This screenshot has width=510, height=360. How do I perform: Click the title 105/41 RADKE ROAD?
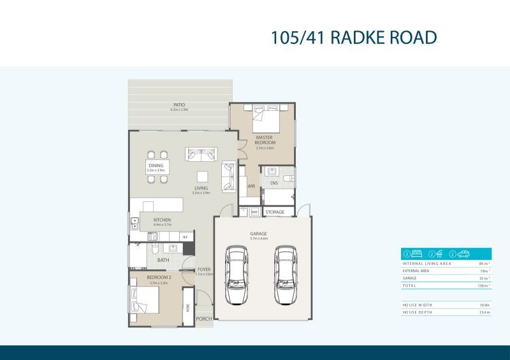point(354,38)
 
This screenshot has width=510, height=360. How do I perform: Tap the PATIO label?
point(179,105)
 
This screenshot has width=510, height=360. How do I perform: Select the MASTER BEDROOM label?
point(265,140)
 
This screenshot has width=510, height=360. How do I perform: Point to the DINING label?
point(156,166)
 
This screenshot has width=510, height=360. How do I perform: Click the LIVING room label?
point(201,188)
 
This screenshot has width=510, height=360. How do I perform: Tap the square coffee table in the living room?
point(202,176)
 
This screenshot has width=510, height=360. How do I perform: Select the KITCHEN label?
point(161,220)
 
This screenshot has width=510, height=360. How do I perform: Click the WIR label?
point(251,187)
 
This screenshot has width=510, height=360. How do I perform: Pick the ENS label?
point(273,183)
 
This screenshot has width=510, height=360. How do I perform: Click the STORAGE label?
point(275,212)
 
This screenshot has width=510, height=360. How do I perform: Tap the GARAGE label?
point(258,233)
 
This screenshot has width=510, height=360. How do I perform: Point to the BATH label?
point(163,260)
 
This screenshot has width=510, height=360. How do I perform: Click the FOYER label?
point(204,270)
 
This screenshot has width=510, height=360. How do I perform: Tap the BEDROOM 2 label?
point(157,278)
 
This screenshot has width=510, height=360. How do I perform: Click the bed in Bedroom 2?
point(146,299)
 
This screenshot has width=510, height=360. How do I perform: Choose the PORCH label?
point(203,319)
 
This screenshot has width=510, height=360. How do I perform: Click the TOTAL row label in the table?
point(409,286)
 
